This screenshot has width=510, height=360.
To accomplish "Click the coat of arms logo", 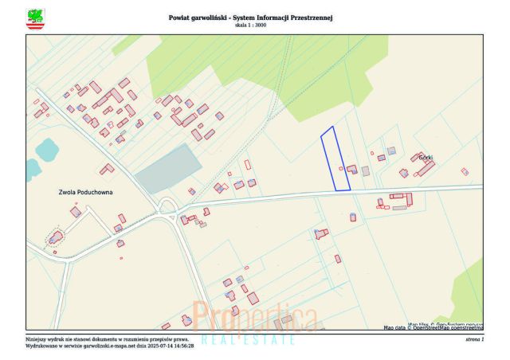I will (x=36, y=18).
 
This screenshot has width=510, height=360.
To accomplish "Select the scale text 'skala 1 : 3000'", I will (x=250, y=25).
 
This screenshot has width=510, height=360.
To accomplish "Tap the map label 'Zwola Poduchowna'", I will (x=86, y=193).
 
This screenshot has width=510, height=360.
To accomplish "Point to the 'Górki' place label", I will (x=425, y=158).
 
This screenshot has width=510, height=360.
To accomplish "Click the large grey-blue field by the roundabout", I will (x=168, y=169).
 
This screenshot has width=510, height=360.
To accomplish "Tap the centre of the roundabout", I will (x=167, y=209).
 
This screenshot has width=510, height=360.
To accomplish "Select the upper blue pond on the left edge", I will (x=45, y=148).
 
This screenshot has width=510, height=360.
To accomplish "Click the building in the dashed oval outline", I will (x=55, y=237).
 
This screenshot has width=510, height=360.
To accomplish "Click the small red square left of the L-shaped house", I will (x=342, y=168).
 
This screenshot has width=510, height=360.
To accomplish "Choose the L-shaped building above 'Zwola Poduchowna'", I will (x=107, y=169).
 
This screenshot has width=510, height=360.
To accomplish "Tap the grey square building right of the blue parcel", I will (x=366, y=170).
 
